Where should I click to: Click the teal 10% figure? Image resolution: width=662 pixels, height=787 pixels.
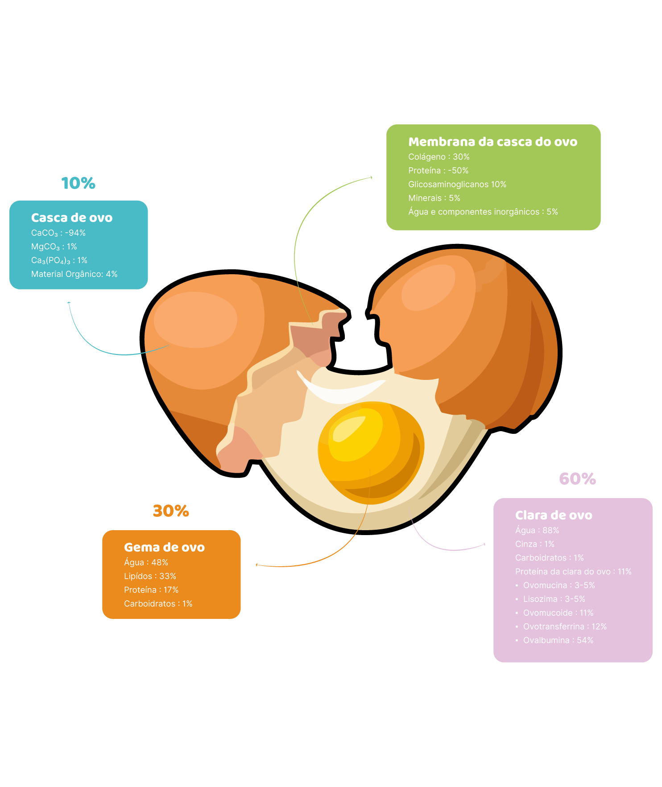79,183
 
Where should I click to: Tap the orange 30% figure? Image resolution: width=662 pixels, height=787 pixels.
171,511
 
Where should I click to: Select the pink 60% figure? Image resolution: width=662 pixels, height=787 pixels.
578,479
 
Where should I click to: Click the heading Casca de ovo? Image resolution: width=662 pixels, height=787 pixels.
72,218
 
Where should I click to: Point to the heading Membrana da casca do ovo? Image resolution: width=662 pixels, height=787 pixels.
493,142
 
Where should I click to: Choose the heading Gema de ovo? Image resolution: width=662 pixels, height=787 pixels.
165,547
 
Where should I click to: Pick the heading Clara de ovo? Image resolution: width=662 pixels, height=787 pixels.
554,515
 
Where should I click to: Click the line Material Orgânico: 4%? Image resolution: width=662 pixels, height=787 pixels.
74,274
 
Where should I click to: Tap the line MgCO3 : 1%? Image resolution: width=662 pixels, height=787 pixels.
54,247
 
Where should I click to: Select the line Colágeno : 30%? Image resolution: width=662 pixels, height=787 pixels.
439,157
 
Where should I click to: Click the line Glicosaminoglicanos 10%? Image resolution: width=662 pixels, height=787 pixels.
457,185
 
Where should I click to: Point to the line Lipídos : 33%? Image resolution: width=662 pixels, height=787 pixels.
150,576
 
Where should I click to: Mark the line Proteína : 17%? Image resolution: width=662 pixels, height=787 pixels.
151,590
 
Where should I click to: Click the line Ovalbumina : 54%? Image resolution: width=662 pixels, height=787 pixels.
559,640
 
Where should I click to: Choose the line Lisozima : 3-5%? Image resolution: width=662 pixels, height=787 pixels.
554,599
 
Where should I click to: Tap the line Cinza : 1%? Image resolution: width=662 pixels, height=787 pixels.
535,544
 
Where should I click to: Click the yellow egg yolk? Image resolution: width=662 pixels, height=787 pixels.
371,453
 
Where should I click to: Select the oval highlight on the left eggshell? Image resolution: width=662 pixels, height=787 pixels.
195,320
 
